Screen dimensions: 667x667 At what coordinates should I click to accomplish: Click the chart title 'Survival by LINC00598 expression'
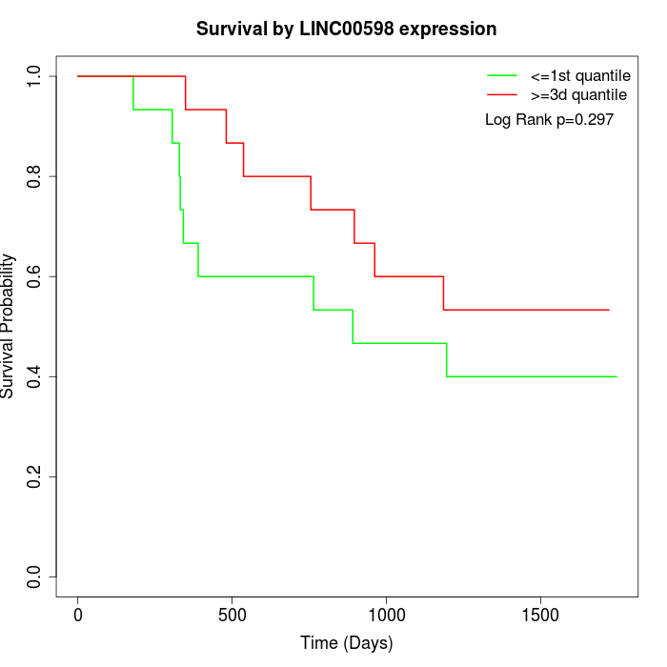coord(346,30)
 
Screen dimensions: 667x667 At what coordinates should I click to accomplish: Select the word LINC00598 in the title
coord(347,30)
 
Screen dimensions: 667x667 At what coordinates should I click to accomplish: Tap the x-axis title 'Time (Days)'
coord(347,643)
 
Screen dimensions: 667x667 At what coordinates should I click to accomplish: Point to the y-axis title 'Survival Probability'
coord(8,326)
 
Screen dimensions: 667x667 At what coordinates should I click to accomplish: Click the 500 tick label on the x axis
coord(232,616)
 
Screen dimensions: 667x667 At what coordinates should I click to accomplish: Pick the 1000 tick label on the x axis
coord(386,616)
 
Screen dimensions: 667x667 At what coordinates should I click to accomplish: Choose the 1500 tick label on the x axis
coord(540,616)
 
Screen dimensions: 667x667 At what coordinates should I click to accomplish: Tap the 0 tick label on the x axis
coord(78,616)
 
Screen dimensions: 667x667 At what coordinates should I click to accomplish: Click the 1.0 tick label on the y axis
coord(33,76)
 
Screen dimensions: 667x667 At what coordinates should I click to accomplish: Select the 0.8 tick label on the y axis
coord(33,176)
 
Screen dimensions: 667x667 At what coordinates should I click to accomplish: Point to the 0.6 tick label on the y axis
coord(33,276)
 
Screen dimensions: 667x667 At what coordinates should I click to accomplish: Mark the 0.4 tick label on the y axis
coord(33,377)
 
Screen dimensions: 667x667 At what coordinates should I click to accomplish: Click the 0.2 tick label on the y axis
coord(33,476)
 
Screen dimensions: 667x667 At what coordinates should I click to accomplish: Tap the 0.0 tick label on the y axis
coord(33,576)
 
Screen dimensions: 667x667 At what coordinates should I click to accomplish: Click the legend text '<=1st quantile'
coord(580,76)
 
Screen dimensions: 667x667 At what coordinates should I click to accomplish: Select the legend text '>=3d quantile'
coord(578,95)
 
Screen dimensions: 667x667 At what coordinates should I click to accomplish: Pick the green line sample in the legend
coord(502,75)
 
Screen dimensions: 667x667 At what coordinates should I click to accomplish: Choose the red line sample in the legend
coord(502,94)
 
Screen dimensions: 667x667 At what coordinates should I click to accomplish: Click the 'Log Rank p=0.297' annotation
coord(549,120)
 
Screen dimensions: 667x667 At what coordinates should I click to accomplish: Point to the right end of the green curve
coord(616,377)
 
